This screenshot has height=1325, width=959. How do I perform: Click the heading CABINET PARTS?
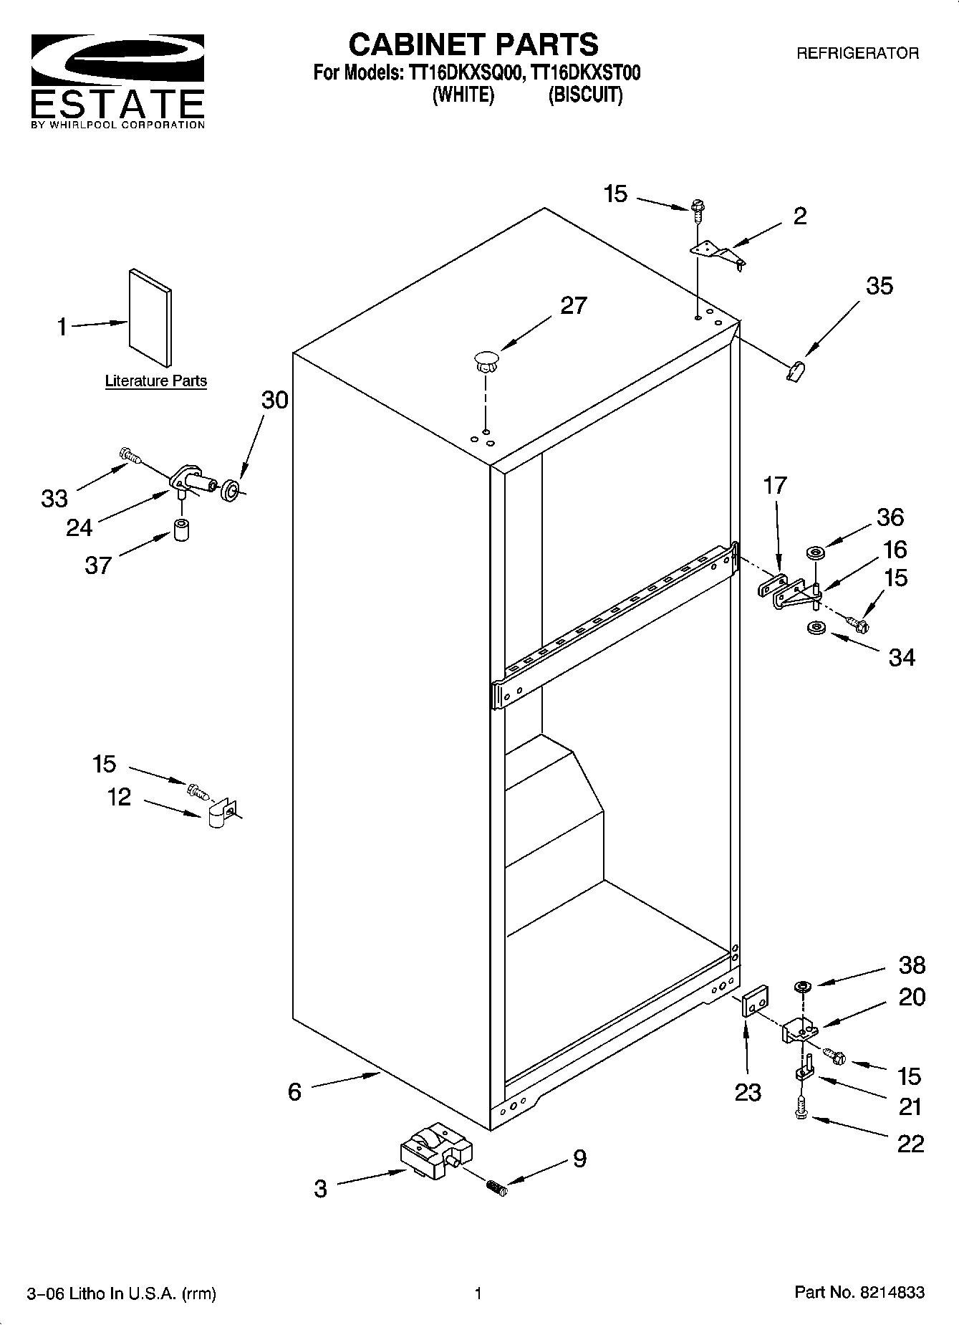[473, 44]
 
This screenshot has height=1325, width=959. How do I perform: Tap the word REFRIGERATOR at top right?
[857, 53]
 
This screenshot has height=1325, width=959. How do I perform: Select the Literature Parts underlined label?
[155, 381]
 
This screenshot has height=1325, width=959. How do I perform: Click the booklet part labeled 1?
[150, 317]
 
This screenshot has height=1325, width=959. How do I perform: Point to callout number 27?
[573, 306]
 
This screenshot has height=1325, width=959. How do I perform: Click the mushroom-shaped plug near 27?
[486, 360]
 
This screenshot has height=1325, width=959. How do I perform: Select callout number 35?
[879, 286]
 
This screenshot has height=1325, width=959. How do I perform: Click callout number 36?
[890, 517]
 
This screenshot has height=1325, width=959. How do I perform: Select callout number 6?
[294, 1091]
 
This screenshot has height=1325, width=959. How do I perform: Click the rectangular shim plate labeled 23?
[754, 1000]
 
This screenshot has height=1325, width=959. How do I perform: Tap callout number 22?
[910, 1144]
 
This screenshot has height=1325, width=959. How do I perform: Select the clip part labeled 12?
[221, 813]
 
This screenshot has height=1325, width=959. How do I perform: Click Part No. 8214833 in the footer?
[859, 1293]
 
